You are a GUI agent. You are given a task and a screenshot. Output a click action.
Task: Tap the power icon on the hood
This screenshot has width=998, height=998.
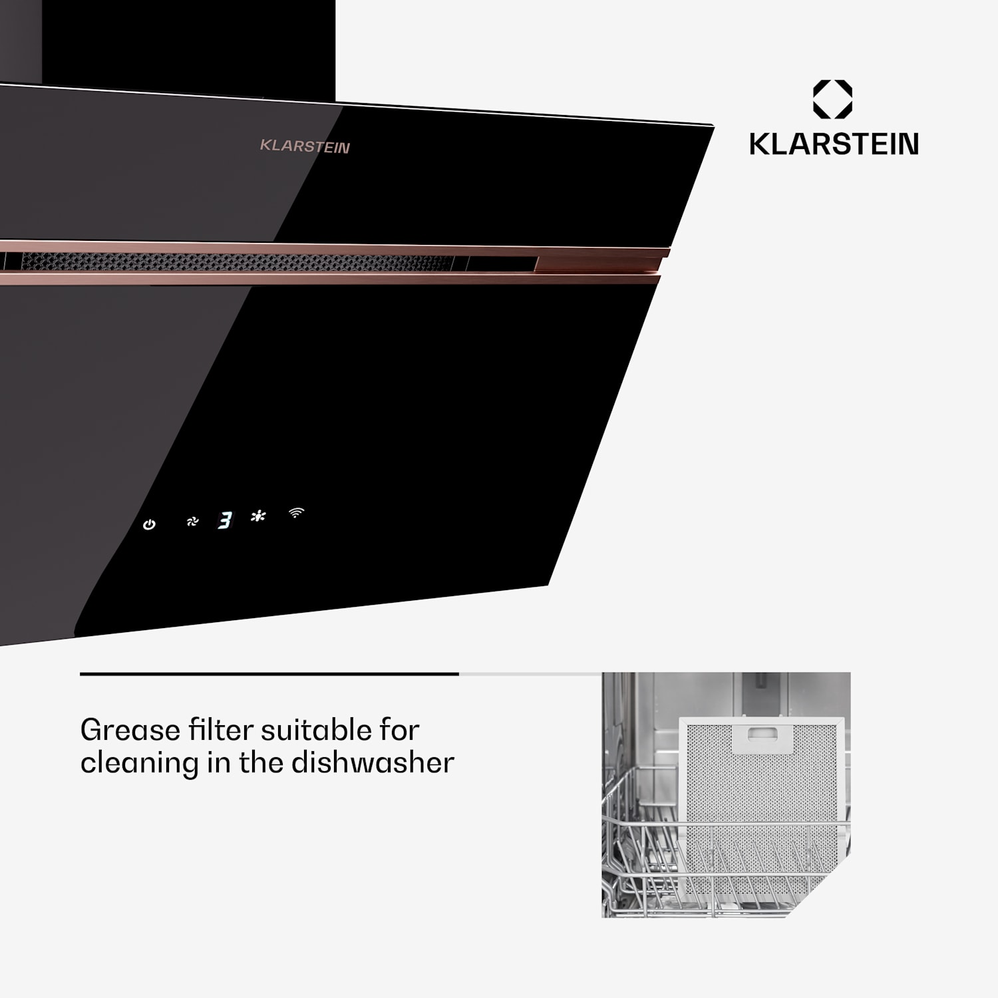[x=149, y=525]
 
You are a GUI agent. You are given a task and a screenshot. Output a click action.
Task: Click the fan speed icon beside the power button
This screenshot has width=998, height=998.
[x=192, y=522]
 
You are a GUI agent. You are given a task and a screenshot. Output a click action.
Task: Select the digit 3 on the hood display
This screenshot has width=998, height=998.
[x=226, y=520]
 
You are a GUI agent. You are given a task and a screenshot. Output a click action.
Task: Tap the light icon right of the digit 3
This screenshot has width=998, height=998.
[x=258, y=516]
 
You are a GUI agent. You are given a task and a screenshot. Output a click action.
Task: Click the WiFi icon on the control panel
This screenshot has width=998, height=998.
[x=296, y=512]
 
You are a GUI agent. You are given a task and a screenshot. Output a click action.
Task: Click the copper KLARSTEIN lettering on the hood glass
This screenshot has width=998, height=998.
[x=305, y=146]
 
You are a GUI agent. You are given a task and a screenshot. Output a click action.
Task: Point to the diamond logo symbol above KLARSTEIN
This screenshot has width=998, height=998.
[x=832, y=100]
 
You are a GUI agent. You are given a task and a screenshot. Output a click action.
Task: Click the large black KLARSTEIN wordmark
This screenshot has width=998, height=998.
[x=834, y=144]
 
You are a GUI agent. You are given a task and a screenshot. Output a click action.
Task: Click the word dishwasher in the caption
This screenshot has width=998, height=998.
[x=373, y=762]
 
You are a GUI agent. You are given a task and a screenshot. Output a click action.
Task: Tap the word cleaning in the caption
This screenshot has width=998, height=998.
[x=139, y=763]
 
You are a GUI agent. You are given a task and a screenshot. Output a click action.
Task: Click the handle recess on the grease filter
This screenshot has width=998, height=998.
[x=762, y=734]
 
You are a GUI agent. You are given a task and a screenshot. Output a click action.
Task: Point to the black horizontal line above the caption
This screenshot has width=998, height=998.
[x=269, y=674]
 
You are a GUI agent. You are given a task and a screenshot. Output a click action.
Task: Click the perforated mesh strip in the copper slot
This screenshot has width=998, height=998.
[x=233, y=261]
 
